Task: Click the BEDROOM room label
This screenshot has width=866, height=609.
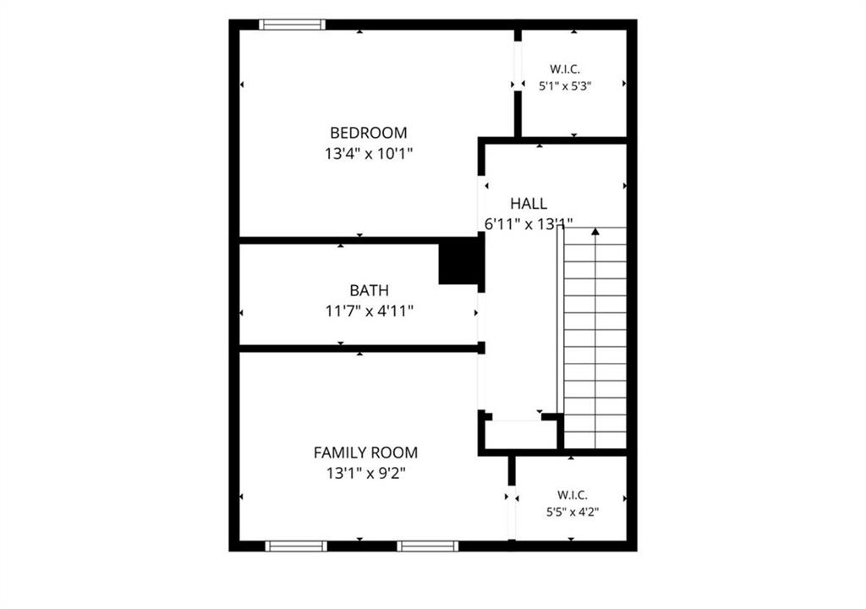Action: point(369,133)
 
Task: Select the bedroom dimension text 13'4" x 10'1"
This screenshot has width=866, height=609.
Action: point(369,154)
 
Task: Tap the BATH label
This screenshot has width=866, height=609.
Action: point(369,290)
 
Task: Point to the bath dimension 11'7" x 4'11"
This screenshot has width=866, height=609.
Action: point(369,311)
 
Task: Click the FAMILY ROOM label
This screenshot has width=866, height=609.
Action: point(365,453)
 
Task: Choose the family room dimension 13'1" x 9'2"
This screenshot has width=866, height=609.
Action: point(365,474)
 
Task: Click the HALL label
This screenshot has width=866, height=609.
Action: point(529,203)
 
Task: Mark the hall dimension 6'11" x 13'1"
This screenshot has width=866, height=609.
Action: point(529,224)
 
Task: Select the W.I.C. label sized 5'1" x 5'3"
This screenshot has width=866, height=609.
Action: point(565,69)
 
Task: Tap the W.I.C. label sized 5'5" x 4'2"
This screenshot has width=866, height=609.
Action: point(573,495)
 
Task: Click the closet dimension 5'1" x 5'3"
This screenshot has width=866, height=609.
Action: point(565,85)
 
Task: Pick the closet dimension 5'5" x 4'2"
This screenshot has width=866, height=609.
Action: point(573,512)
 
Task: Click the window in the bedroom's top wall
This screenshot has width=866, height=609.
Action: point(292,25)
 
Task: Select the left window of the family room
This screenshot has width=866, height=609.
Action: point(296,546)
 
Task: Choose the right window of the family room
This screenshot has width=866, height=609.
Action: point(427,546)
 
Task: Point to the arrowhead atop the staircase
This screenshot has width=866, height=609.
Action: point(595,232)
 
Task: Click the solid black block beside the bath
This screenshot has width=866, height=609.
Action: point(459,261)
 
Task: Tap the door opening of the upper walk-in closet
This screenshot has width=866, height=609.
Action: point(518,66)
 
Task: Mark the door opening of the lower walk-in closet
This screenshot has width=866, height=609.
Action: point(512,513)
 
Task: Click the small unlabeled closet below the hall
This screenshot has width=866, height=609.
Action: point(521,435)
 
